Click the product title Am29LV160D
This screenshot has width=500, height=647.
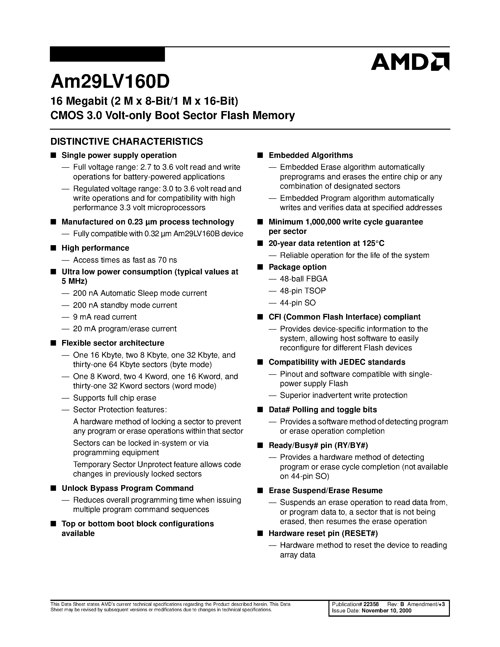pyautogui.click(x=110, y=81)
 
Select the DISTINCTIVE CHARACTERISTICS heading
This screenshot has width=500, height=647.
pyautogui.click(x=127, y=142)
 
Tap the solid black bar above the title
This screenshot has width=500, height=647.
pyautogui.click(x=107, y=54)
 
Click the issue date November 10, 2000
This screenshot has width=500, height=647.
pyautogui.click(x=386, y=611)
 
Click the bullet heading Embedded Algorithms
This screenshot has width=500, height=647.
pyautogui.click(x=311, y=156)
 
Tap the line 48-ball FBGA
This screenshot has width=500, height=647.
pyautogui.click(x=304, y=279)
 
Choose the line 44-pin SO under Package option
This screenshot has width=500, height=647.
pyautogui.click(x=298, y=303)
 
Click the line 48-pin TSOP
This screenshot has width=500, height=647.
pyautogui.click(x=303, y=291)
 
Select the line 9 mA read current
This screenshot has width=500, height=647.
pyautogui.click(x=105, y=317)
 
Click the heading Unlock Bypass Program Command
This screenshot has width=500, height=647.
pyautogui.click(x=127, y=488)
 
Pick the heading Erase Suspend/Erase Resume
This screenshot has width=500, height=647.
pyautogui.click(x=326, y=491)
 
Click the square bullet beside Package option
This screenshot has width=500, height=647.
pyautogui.click(x=260, y=267)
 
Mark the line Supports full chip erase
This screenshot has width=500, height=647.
pyautogui.click(x=115, y=398)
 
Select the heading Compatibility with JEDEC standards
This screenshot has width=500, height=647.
pyautogui.click(x=337, y=362)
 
